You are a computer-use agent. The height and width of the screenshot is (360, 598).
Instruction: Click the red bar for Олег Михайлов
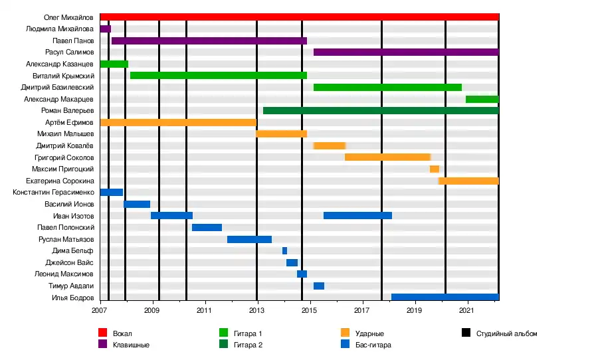(299, 17)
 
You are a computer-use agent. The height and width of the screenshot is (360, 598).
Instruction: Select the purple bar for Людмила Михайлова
(105, 29)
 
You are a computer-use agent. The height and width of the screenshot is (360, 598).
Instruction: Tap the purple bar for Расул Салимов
(406, 52)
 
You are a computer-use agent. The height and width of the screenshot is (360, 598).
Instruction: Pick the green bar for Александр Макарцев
(482, 99)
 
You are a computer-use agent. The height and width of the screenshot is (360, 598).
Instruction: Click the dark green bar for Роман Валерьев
(381, 110)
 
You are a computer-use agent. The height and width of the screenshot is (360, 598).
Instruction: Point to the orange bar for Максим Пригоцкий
(434, 169)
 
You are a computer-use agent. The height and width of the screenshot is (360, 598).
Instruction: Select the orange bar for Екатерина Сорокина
(468, 181)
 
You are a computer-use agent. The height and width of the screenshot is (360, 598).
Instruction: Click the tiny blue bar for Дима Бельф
(284, 250)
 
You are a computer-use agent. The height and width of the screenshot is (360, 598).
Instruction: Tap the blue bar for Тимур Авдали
(319, 286)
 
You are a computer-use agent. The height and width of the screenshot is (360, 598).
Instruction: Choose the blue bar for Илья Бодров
(445, 297)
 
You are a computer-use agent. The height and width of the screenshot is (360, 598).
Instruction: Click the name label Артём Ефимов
(73, 122)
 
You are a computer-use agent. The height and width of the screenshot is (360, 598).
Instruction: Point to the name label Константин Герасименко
(53, 192)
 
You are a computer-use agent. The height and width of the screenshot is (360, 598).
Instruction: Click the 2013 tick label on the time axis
(256, 310)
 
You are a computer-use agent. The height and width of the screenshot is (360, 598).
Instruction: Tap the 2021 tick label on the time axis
(467, 310)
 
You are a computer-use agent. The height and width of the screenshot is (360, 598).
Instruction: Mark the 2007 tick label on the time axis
(100, 310)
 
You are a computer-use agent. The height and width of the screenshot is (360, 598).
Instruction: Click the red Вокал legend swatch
(103, 333)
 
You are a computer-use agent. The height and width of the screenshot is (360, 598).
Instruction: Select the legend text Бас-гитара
(373, 345)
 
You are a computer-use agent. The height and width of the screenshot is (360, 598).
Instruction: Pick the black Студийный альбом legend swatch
(465, 333)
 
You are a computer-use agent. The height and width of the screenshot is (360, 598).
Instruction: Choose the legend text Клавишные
(131, 345)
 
